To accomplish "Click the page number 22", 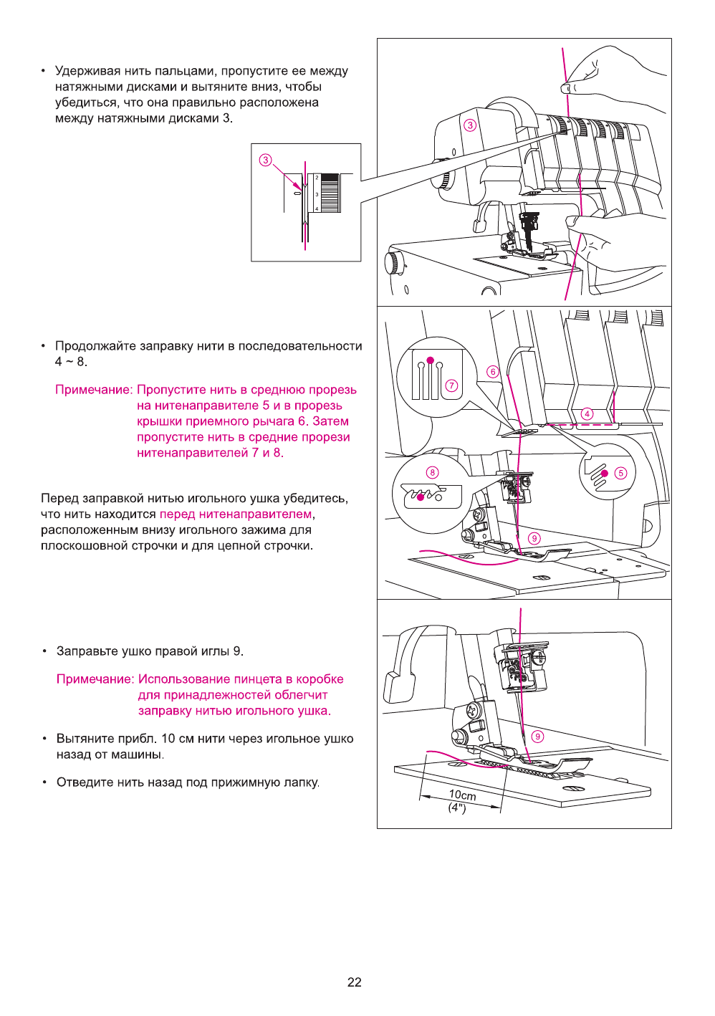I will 355,982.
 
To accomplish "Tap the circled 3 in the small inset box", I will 266,160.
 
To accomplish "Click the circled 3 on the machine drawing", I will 470,125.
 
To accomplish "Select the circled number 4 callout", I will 587,413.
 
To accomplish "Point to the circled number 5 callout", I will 620,473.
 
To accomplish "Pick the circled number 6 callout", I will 492,371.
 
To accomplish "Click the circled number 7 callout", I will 451,385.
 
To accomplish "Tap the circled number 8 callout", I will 432,472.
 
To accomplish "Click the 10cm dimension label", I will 462,795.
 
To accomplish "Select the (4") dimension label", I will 457,807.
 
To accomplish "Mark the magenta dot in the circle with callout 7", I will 430,360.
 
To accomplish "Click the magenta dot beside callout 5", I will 605,474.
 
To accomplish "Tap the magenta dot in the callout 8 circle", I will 420,497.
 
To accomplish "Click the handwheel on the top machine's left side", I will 393,263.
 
